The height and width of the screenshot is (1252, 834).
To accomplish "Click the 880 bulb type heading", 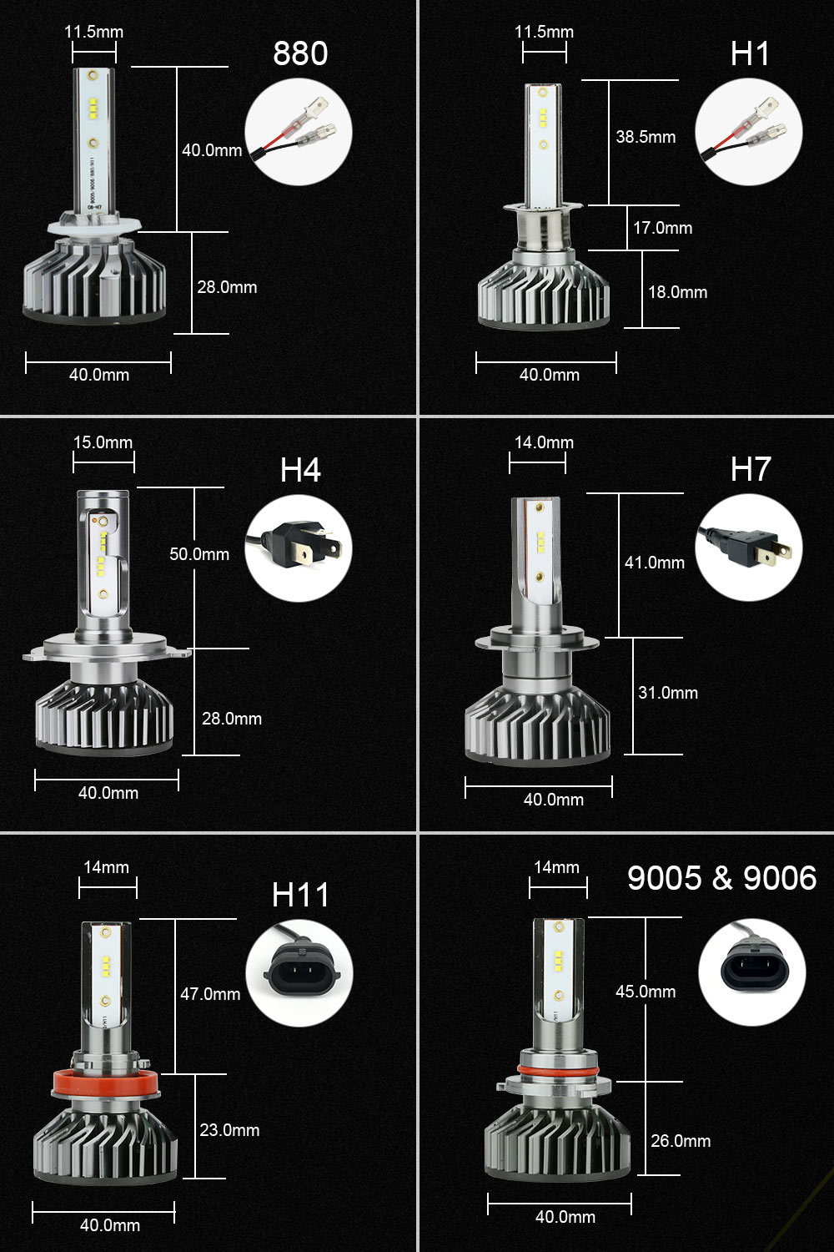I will [x=300, y=53].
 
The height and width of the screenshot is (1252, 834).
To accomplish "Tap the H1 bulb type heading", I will [x=750, y=53].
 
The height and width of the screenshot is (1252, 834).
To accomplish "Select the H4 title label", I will [x=300, y=470].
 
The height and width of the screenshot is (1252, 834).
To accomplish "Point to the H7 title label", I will [x=751, y=469].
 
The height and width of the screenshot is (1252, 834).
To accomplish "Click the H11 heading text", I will [x=300, y=895].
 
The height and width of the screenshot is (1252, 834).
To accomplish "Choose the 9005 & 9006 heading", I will [x=721, y=878].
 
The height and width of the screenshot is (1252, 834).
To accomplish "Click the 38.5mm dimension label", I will [x=646, y=137].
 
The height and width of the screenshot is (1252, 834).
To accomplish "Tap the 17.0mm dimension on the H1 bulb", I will [x=662, y=228].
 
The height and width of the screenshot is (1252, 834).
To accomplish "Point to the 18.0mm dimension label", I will [x=677, y=292].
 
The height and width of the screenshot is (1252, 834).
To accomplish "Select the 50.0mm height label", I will [x=199, y=554].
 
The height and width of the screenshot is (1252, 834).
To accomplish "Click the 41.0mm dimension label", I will [x=655, y=563].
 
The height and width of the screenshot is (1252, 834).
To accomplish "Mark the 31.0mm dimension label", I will [x=667, y=693].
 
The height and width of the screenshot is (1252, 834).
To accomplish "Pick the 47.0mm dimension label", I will [x=210, y=994].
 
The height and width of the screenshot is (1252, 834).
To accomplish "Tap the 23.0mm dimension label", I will [x=229, y=1130].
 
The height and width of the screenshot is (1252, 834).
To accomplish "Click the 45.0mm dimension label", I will [x=646, y=992].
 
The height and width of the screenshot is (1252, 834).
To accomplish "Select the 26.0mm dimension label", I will [x=681, y=1141].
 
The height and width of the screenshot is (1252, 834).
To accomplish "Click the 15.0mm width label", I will [x=103, y=442].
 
